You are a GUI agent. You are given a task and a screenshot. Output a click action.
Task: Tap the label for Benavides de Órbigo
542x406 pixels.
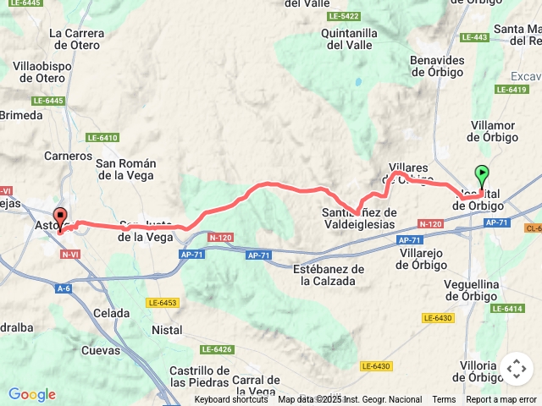point(437,66)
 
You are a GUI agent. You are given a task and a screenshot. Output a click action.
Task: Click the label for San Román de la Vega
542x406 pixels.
point(124,169)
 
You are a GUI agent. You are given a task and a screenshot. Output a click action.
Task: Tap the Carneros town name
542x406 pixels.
point(68,156)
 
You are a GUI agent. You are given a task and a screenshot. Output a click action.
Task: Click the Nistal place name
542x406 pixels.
point(167,329)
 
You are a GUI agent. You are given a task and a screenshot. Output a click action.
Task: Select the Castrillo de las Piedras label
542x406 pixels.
point(200,376)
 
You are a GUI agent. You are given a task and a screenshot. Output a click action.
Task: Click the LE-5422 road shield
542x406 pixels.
point(343,16)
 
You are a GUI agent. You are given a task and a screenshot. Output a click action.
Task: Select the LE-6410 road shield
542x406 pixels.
point(102,137)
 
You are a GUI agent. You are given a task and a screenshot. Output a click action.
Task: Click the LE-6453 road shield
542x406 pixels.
point(162,302)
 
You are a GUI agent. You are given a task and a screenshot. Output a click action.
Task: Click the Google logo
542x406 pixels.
point(31,394)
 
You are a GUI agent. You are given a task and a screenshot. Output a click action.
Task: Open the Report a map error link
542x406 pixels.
point(501,400)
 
